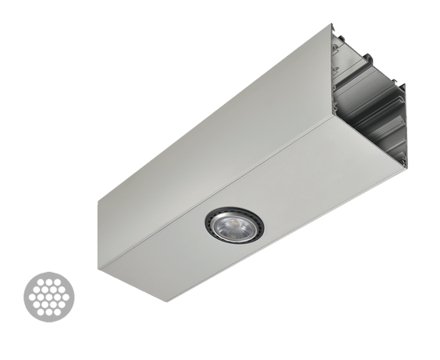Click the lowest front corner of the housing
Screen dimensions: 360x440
[165, 301]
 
